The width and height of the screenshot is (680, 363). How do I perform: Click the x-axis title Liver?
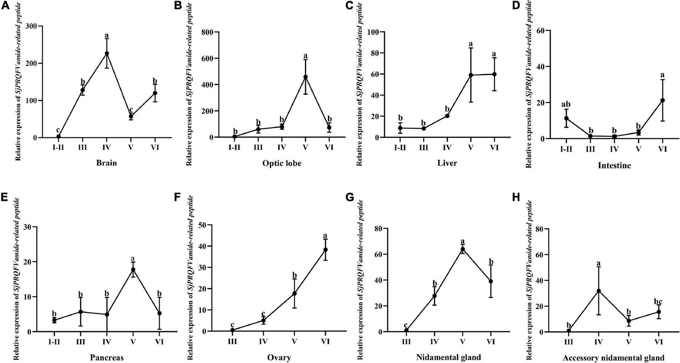point(447,163)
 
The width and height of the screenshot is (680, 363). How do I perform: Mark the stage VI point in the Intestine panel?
point(662,100)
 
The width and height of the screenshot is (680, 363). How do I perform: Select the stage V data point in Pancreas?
point(133,269)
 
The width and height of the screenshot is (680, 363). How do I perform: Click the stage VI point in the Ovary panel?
point(325,250)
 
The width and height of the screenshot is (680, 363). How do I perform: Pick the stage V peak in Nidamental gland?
point(463,249)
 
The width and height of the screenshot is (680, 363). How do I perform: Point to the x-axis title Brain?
point(107,163)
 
